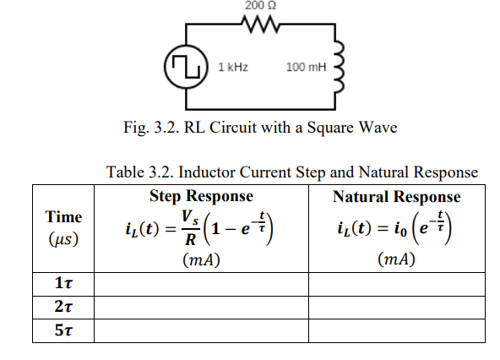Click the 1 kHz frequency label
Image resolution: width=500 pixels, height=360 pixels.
pos(232,66)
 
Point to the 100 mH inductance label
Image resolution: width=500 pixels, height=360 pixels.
pos(305,66)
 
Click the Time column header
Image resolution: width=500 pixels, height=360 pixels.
pos(63,217)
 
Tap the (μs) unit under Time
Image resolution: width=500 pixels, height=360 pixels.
pos(63,239)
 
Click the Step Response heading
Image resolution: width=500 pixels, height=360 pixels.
pos(201,196)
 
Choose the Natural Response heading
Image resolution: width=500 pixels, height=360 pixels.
pos(396,197)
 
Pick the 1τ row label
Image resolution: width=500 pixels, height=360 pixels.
pos(63,284)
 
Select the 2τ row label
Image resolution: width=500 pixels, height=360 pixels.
pos(63,307)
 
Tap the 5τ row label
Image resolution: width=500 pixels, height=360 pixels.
pos(63,330)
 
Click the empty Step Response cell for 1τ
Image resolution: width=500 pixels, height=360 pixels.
pos(201,284)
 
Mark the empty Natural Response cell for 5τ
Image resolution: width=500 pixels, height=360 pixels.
pos(396,330)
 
